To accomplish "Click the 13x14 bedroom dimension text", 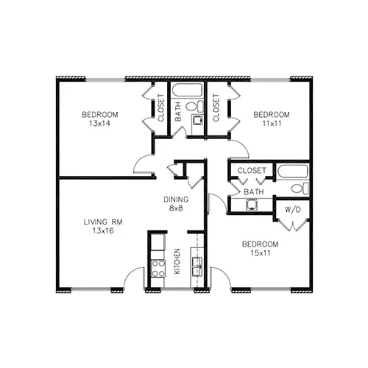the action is tap(99, 124).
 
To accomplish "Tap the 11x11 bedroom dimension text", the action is tap(272, 124).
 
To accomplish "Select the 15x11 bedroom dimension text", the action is tap(261, 253).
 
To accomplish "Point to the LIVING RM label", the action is tap(103, 222).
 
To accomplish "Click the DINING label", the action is tap(176, 199).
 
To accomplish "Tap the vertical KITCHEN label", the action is tap(177, 261).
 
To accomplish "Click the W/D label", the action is tap(292, 210).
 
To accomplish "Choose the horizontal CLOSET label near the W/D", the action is tap(252, 170).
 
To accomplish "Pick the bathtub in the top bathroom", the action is tap(187, 91).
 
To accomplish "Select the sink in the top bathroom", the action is tap(197, 120).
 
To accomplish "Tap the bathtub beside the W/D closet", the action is tap(292, 171).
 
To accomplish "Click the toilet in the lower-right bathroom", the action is tap(300, 188).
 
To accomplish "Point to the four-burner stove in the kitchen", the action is tap(158, 269).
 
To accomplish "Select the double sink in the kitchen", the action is tap(197, 266).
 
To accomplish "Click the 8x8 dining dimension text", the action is tap(176, 208).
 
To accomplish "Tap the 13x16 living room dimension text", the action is tap(103, 230).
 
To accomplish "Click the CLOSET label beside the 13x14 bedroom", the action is tap(161, 107).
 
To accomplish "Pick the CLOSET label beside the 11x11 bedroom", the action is tap(216, 107).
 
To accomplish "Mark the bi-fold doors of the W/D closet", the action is tap(292, 225).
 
